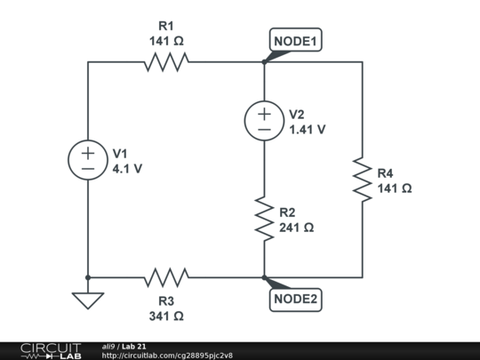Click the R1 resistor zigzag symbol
pyautogui.click(x=166, y=62)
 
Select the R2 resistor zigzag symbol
pyautogui.click(x=264, y=220)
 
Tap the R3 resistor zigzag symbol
pyautogui.click(x=166, y=277)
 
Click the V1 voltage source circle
pyautogui.click(x=88, y=160)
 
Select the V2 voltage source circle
pyautogui.click(x=264, y=121)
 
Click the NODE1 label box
pyautogui.click(x=295, y=41)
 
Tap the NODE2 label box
pyautogui.click(x=295, y=300)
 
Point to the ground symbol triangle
pyautogui.click(x=88, y=300)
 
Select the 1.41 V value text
pyautogui.click(x=307, y=129)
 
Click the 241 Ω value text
pyautogui.click(x=296, y=228)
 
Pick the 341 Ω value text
pyautogui.click(x=166, y=316)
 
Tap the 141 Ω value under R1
pyautogui.click(x=166, y=41)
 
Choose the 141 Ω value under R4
pyautogui.click(x=394, y=188)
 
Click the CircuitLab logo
pyautogui.click(x=51, y=350)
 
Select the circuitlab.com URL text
pyautogui.click(x=167, y=356)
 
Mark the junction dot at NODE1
pyautogui.click(x=264, y=62)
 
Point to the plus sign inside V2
pyautogui.click(x=264, y=114)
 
